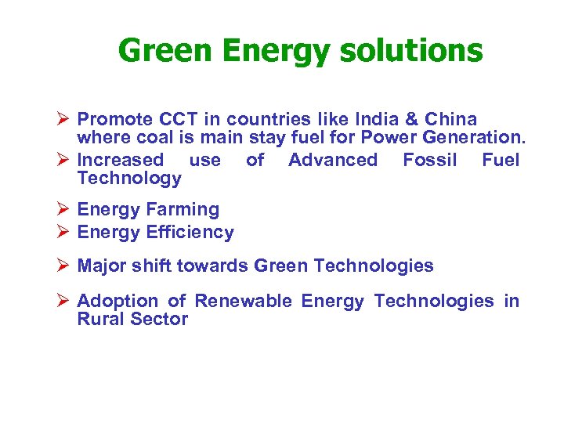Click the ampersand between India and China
click(414, 120)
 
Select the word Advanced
click(333, 160)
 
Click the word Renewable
click(239, 301)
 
